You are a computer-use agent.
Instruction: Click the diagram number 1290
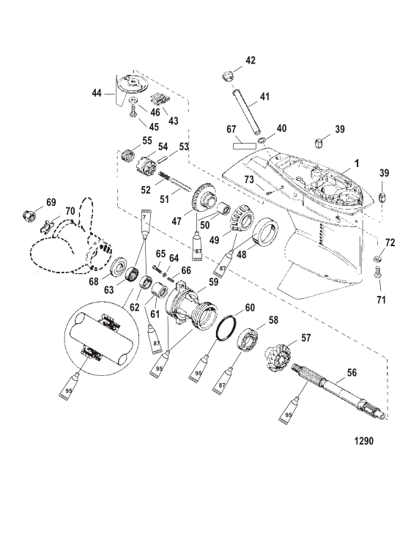364,441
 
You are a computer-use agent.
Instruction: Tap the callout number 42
251,60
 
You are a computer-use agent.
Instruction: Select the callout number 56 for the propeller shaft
352,373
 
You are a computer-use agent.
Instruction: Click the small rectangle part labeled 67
245,146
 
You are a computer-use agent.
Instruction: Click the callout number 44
97,92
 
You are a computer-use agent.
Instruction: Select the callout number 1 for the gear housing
357,163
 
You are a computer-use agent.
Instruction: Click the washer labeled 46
133,100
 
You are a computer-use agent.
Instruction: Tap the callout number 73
248,179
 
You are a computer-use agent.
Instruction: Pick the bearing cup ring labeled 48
265,231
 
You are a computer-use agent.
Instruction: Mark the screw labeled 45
133,112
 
